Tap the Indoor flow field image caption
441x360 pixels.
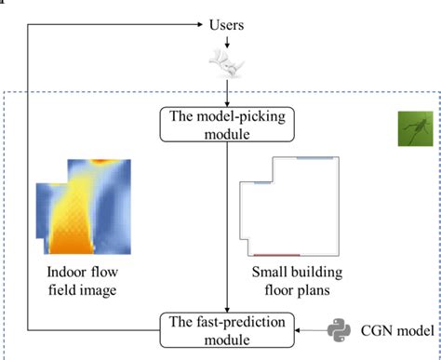pos(82,281)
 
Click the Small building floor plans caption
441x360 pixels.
pos(290,281)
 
